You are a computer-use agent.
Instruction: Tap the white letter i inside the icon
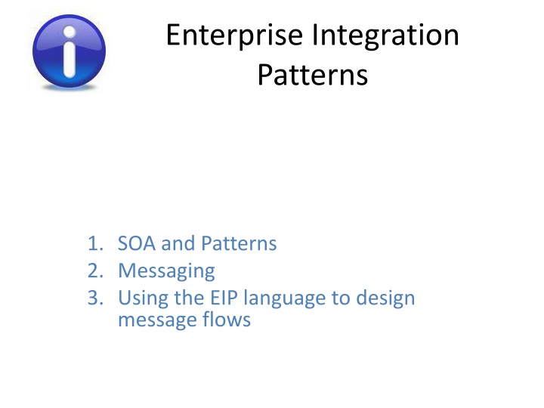(70, 51)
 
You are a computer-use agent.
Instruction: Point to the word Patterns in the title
(312, 76)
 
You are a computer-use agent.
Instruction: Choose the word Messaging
(166, 270)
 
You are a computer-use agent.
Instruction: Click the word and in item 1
(180, 244)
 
